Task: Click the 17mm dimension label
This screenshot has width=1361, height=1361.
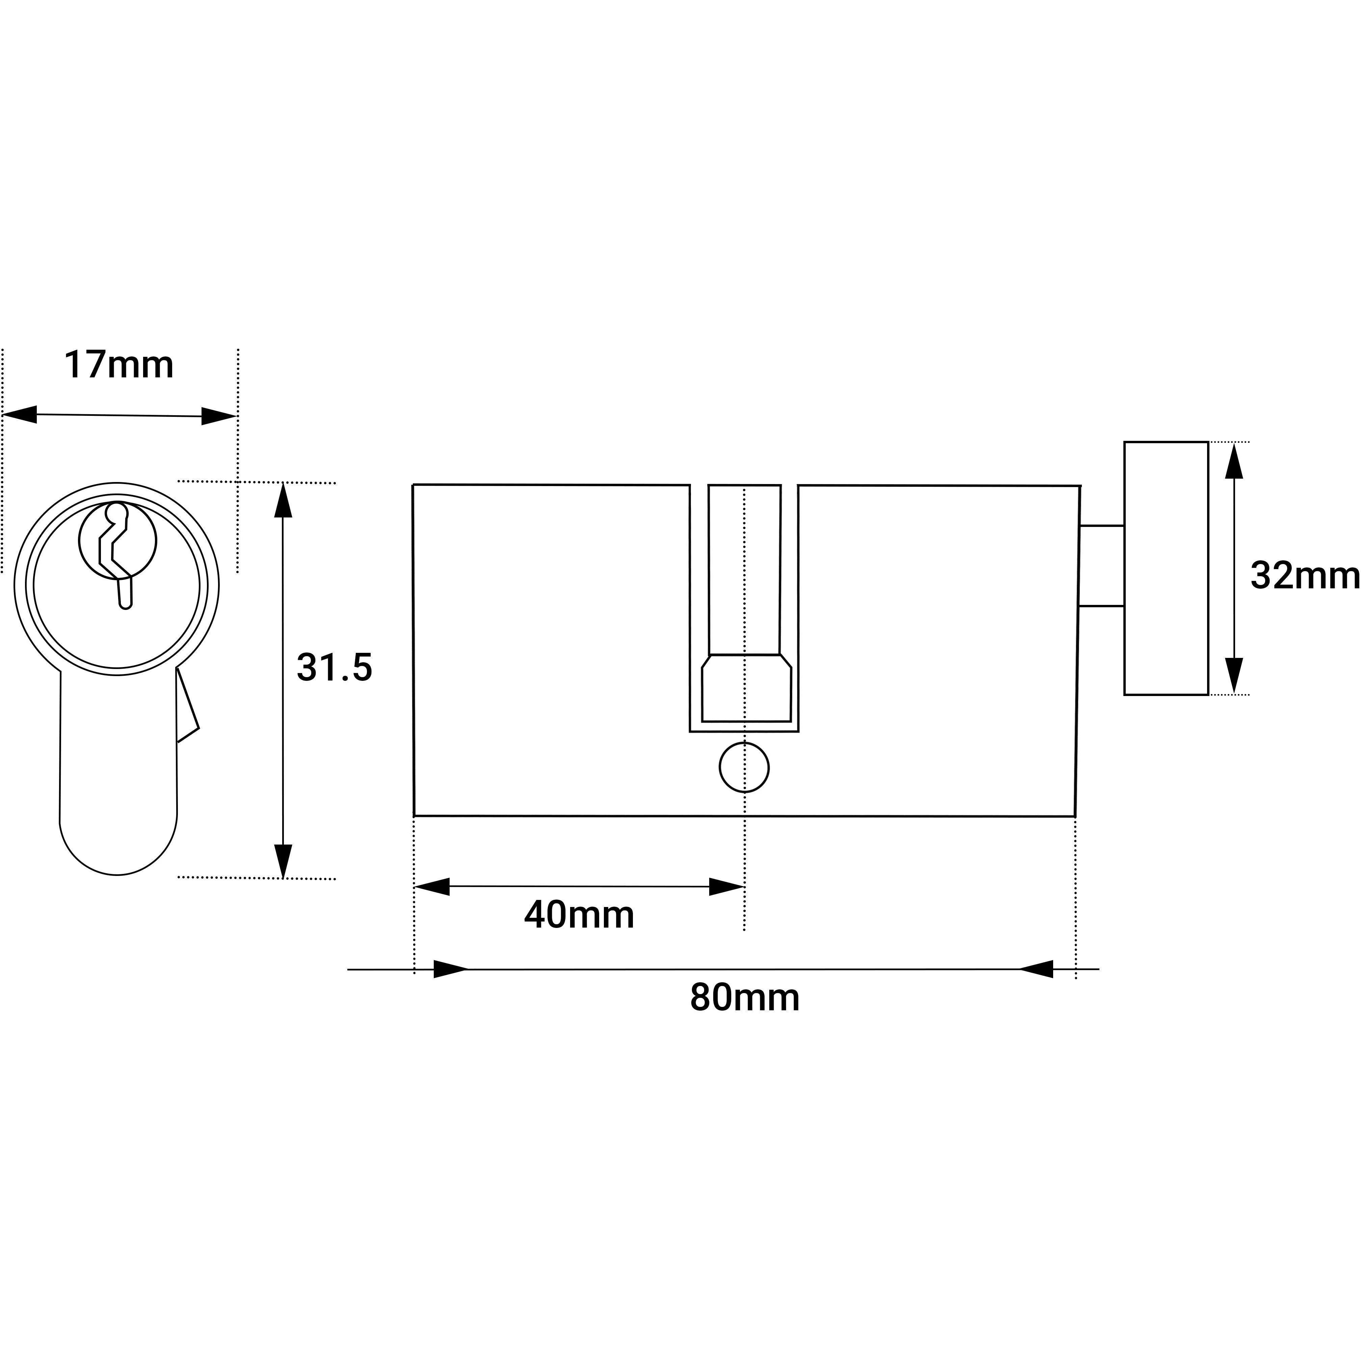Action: click(x=118, y=365)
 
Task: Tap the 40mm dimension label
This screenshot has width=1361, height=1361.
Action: click(x=579, y=915)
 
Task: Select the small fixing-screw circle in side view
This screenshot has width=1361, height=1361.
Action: click(x=744, y=767)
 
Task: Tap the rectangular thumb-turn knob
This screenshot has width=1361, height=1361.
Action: click(x=1166, y=568)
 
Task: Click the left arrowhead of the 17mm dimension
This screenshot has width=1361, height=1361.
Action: click(x=20, y=414)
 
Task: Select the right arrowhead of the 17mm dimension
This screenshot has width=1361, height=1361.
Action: click(x=218, y=416)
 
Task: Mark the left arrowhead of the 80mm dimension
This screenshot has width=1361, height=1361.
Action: click(x=451, y=969)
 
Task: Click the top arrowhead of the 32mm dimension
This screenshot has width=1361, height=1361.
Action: click(x=1233, y=461)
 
